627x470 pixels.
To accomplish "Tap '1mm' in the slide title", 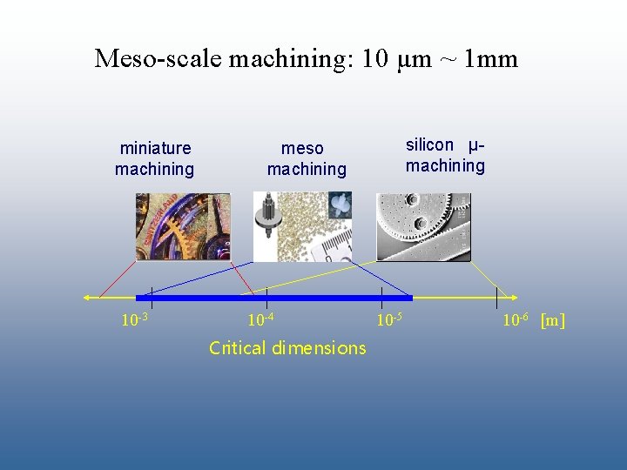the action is coord(491,59).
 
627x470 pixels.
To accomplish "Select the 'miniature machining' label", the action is coord(155,158).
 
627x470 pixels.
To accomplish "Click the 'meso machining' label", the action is coord(306,159).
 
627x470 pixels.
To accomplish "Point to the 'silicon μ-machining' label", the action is coord(445,155).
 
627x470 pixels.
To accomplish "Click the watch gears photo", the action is coord(182,226).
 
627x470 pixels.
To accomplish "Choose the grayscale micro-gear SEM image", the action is coord(423,227).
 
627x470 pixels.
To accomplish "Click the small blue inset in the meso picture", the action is coord(340,205).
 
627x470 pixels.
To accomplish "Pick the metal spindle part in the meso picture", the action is coord(265,218).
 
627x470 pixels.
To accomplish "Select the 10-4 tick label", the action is coord(261,320).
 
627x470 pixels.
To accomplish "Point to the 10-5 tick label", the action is coord(388,320).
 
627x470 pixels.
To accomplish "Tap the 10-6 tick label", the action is coord(516,320).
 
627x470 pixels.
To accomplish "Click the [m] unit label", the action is coord(552,320).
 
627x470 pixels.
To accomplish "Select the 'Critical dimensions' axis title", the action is coord(287,348).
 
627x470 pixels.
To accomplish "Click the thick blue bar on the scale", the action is coord(273,298).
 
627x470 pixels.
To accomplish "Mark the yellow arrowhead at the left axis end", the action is coord(88,298).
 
